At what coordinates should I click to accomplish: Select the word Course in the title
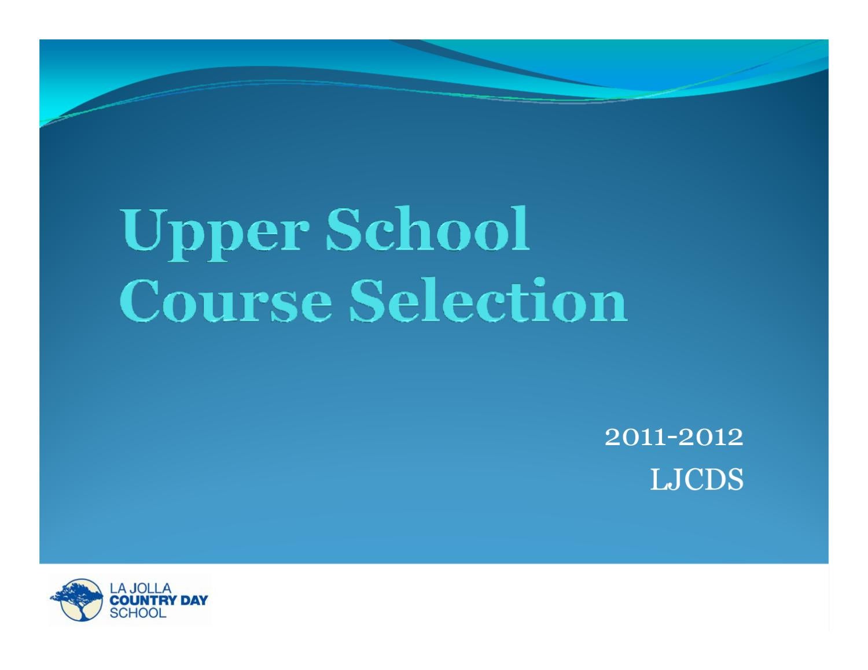226,300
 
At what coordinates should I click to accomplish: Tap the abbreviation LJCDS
697,480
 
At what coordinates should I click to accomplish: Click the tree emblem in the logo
77,599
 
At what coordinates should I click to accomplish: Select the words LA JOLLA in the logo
141,588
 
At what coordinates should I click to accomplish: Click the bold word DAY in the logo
193,601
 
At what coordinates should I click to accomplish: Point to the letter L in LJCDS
658,480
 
